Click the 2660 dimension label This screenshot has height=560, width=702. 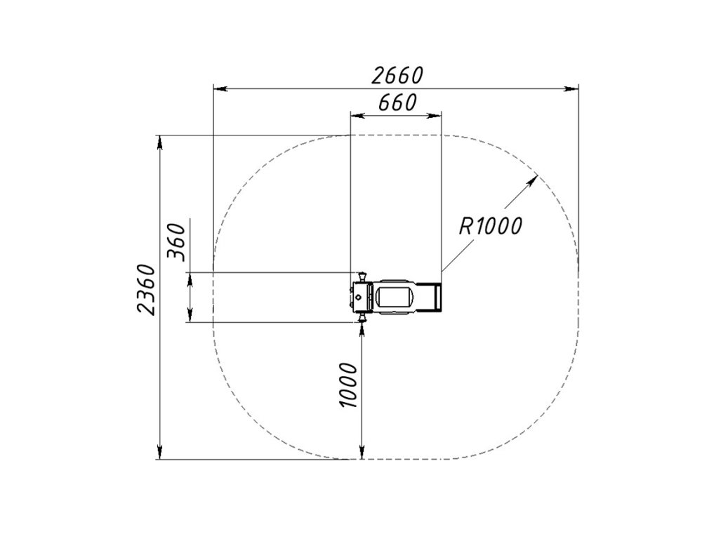397,75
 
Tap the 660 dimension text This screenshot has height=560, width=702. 397,102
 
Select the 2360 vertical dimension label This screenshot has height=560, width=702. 147,290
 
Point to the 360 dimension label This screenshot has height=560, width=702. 175,241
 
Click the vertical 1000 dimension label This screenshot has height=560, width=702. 348,385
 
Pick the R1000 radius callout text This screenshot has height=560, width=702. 490,225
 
